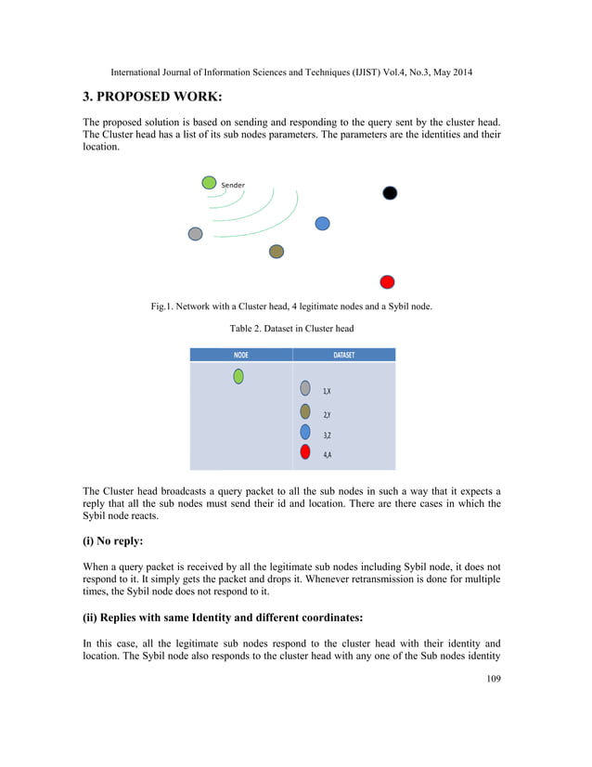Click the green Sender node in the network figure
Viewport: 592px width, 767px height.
[209, 182]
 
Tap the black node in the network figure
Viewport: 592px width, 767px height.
[391, 192]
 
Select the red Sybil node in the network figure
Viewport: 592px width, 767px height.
[388, 281]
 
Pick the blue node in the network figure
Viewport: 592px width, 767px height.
[323, 223]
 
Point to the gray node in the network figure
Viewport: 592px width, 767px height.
[195, 234]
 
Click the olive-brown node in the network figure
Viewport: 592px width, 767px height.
[276, 252]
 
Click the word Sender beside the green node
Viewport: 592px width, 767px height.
[233, 186]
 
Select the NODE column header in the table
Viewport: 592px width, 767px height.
[240, 355]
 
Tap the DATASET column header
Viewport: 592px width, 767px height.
[343, 355]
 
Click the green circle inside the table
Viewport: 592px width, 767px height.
[238, 376]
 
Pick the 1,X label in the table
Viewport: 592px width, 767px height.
[328, 392]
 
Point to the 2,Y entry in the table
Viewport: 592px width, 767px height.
[328, 414]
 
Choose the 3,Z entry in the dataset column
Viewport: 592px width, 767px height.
[328, 435]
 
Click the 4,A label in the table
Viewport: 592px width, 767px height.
[328, 455]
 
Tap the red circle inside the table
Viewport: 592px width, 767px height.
[305, 452]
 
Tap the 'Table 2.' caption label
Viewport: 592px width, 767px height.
[244, 328]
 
